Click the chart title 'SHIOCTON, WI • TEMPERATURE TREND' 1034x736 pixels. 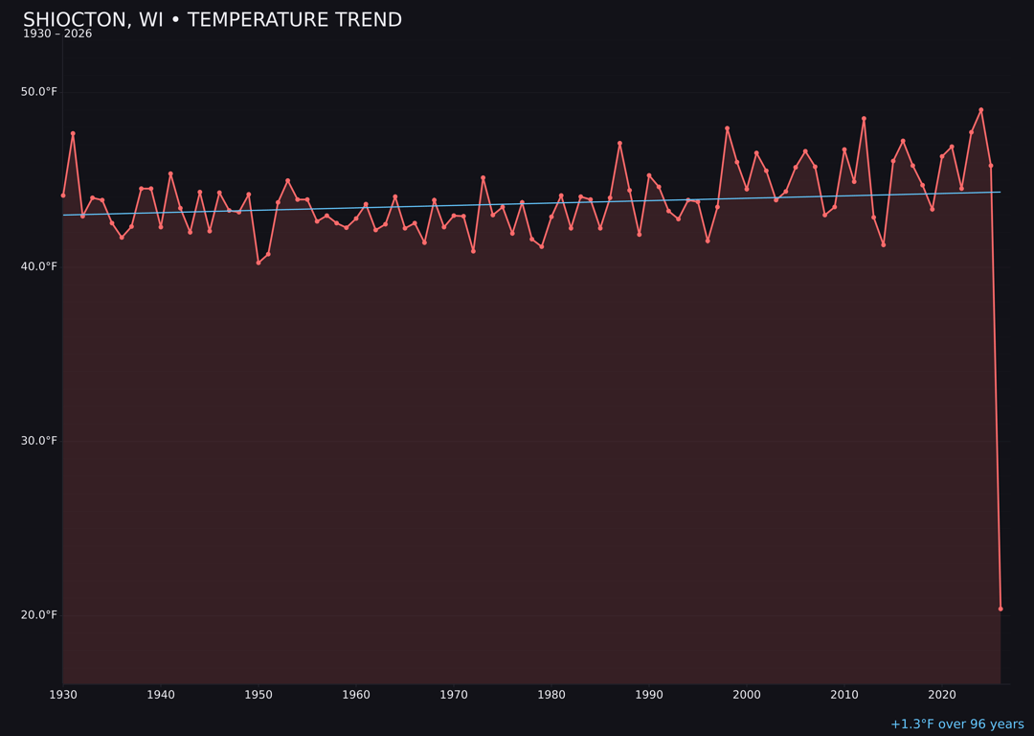coord(213,20)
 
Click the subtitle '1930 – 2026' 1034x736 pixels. coord(57,34)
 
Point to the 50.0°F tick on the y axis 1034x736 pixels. coord(39,92)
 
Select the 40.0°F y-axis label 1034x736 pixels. coord(39,266)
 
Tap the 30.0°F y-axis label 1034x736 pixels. coord(39,441)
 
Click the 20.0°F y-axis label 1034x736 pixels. coord(39,615)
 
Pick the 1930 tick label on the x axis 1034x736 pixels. coord(63,695)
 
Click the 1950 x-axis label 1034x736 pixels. coord(258,695)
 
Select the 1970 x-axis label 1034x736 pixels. coord(454,695)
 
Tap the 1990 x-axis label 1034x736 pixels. coord(649,695)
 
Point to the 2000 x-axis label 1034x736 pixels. coord(747,695)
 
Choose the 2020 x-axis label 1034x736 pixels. coord(942,695)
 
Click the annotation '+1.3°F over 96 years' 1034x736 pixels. coord(956,724)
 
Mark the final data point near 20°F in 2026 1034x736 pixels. coord(1000,609)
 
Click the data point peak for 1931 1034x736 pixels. coord(73,133)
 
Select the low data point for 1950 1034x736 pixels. coord(258,263)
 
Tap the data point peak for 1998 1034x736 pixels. coord(727,128)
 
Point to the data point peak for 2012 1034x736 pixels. coord(864,119)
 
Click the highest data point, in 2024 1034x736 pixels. coord(980,110)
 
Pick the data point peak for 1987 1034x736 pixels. coord(619,144)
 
